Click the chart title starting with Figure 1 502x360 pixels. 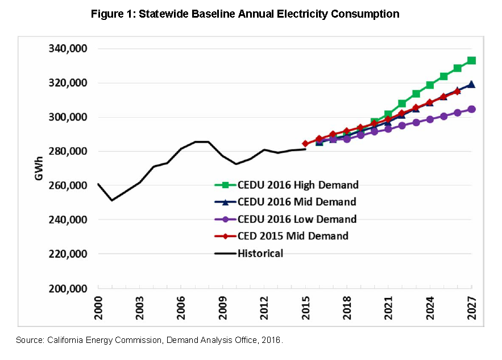point(245,14)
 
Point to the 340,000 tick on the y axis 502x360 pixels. point(67,49)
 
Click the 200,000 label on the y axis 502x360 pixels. point(67,288)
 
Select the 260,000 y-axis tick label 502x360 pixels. point(67,186)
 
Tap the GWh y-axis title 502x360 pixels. point(39,169)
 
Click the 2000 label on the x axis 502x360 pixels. point(98,308)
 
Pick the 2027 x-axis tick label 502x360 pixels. point(471,308)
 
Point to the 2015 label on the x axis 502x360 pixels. point(305,308)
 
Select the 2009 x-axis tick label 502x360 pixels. point(222,308)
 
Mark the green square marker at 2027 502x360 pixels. point(471,60)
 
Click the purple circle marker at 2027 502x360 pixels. point(471,109)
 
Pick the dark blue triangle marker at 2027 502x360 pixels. point(471,85)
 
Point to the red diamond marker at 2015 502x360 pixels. point(305,144)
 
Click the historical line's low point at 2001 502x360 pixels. point(112,200)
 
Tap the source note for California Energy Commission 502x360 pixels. point(149,340)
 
